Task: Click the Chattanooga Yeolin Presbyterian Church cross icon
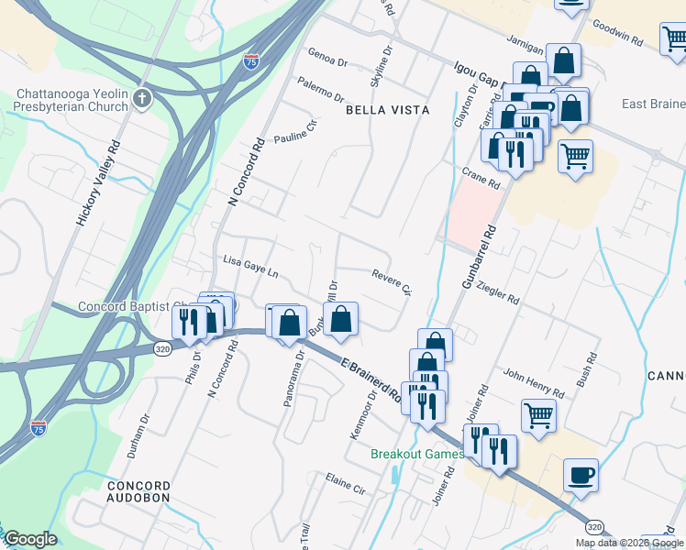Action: click(141, 99)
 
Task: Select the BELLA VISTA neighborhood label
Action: click(387, 110)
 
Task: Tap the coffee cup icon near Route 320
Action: click(580, 475)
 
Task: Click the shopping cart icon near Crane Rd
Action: click(575, 156)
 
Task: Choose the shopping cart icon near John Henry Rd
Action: click(538, 414)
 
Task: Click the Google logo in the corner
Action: click(30, 539)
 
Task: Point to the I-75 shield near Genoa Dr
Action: click(251, 61)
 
